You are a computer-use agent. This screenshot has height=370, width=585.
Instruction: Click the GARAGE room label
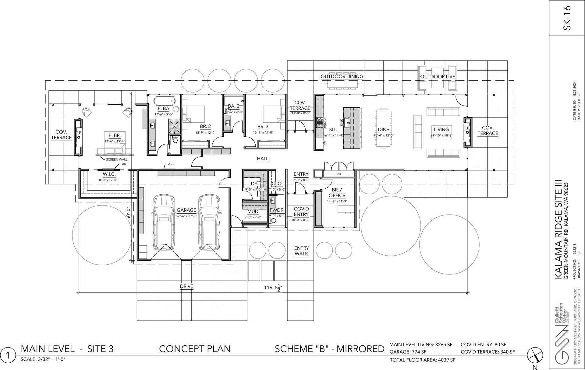pos(186,210)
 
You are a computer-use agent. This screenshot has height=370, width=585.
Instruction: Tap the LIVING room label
pos(441,129)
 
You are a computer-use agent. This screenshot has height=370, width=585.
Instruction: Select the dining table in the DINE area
pos(383,128)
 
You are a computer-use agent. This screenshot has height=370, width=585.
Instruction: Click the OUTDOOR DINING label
pos(342,76)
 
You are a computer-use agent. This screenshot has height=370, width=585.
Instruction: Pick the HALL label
pos(262,159)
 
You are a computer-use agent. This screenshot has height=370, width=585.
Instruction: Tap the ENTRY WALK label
pos(301,251)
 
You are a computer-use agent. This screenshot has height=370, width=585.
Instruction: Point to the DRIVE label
pos(186,286)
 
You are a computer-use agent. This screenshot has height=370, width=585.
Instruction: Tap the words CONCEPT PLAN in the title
pos(195,349)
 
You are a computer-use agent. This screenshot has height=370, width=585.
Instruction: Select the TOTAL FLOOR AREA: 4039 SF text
pos(422,360)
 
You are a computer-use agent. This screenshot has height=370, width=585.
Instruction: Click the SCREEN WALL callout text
pos(116,159)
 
